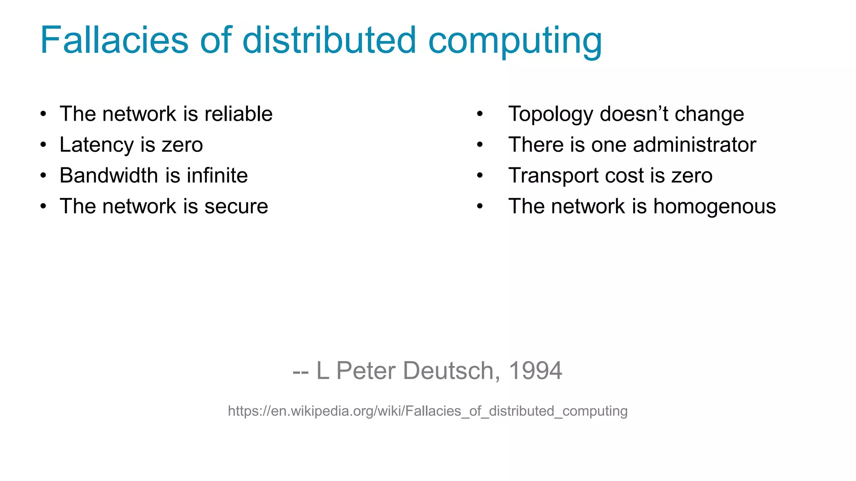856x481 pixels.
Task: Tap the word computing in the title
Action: (515, 42)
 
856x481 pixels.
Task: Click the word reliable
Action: (239, 114)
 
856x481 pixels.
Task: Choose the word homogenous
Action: (714, 207)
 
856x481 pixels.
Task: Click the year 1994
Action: (535, 371)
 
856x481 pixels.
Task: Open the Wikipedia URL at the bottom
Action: (428, 411)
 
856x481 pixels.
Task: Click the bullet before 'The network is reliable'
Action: (43, 114)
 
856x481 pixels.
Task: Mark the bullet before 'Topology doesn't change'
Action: (480, 114)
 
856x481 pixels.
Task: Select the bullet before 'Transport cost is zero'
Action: (480, 176)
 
